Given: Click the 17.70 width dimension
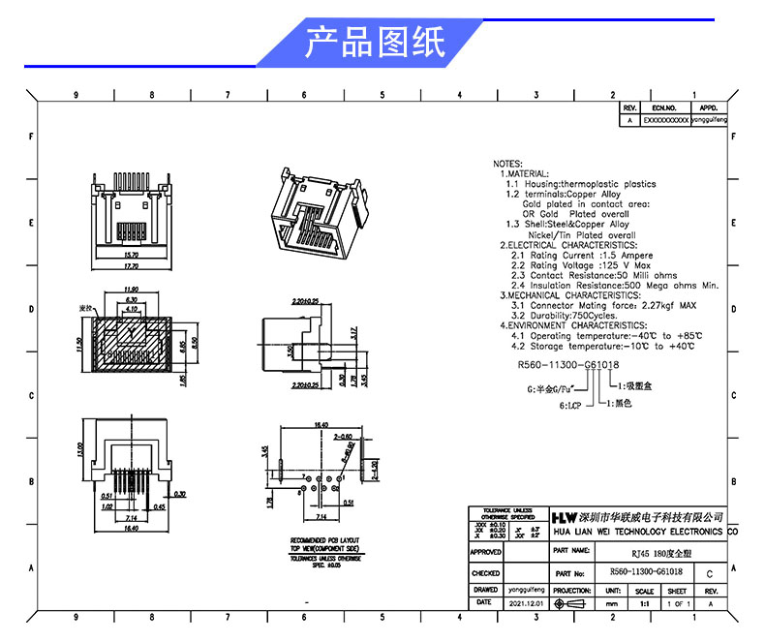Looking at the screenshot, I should tap(131, 265).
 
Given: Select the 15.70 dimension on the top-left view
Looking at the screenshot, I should tap(131, 255).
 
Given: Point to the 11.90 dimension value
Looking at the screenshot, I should tap(131, 290).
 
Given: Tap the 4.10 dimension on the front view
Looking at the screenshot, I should tap(131, 309).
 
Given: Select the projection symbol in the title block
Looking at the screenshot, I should tap(572, 602).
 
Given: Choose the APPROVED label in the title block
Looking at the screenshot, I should tap(486, 552).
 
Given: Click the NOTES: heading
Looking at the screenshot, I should tap(508, 164).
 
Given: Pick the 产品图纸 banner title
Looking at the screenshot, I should tap(375, 43).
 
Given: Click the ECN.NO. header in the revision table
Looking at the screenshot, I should tap(663, 108).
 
